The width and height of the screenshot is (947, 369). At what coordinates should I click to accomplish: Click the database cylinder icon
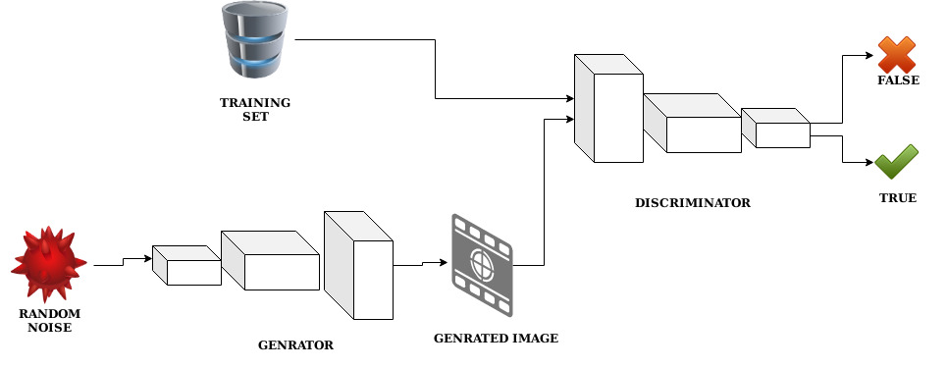[257, 40]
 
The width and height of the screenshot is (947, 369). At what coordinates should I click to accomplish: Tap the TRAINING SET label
[255, 109]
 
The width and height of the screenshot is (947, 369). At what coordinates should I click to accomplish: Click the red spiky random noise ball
[47, 264]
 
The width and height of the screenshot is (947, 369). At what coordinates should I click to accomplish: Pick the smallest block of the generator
[187, 265]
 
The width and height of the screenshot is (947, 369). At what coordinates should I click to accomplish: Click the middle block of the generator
[271, 260]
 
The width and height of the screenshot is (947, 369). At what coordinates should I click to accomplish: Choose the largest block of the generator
[359, 265]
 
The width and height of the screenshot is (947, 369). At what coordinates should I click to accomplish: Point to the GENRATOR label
[295, 345]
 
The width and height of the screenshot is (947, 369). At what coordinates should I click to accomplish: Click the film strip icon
[482, 263]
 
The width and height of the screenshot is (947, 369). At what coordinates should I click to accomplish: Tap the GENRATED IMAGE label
[496, 339]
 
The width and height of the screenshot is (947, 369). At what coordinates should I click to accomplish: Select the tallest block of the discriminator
[607, 108]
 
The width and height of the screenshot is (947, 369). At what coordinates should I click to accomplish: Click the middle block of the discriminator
[693, 123]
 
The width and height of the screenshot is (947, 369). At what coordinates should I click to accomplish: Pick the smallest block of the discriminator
[776, 128]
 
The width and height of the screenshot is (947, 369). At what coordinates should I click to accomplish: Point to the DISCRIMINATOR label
[693, 203]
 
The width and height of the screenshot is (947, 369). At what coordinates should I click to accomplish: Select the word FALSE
[898, 80]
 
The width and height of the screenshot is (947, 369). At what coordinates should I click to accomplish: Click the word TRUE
[897, 197]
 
